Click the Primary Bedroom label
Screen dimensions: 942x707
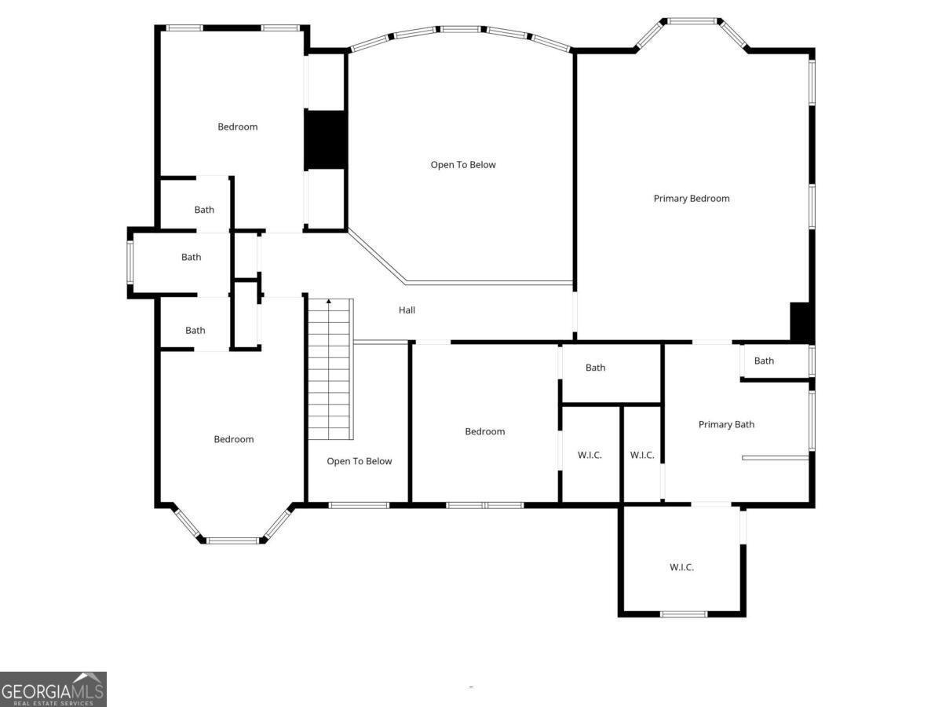tap(691, 199)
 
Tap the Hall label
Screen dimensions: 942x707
tap(407, 310)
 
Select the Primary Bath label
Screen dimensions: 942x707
tap(726, 424)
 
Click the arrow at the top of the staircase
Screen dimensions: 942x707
tap(329, 302)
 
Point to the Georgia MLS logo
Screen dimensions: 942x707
tap(53, 690)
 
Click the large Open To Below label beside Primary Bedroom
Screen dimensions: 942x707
tap(463, 165)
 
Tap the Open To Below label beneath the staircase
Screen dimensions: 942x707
tap(360, 461)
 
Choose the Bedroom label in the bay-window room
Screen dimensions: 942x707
tap(233, 439)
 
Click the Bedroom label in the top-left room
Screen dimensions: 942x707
tap(237, 126)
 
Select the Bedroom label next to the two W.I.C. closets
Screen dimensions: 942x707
tap(484, 431)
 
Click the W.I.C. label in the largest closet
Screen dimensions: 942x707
tap(681, 567)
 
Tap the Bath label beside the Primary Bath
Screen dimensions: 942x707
tap(764, 361)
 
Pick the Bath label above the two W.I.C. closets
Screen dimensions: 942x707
tap(595, 368)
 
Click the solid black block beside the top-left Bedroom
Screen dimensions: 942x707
tap(325, 139)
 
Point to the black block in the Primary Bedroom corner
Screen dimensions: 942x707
tap(801, 321)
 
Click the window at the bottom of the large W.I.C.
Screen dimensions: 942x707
tap(683, 614)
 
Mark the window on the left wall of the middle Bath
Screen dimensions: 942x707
tap(130, 262)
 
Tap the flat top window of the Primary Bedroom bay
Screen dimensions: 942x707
tap(692, 20)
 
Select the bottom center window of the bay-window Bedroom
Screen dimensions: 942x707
tap(232, 540)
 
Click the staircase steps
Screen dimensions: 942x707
tap(330, 369)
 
